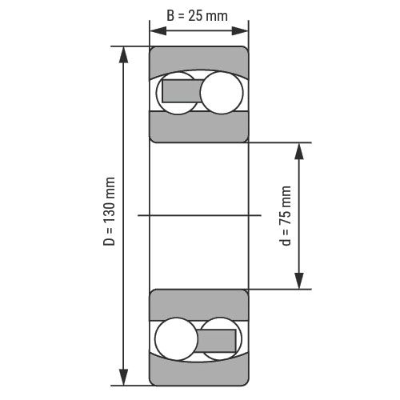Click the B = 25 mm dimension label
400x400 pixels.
[197, 15]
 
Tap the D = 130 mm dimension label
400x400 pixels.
[110, 211]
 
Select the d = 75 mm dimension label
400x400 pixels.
[285, 215]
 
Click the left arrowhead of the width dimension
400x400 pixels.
[158, 31]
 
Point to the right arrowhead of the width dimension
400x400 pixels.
[240, 31]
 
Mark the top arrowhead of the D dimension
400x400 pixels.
[123, 54]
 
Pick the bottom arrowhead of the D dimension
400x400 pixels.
[123, 377]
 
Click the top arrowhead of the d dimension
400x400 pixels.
[299, 151]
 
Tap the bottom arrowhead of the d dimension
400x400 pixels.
[299, 281]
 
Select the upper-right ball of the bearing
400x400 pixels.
[222, 93]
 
